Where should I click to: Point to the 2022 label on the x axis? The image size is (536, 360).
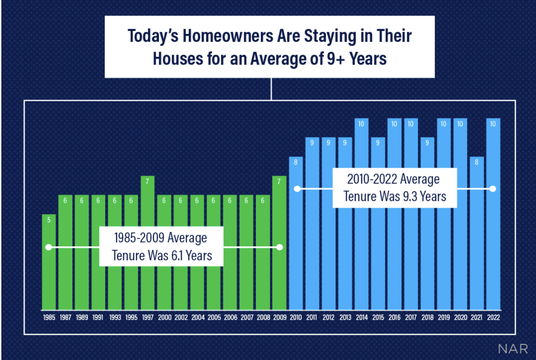click(x=493, y=317)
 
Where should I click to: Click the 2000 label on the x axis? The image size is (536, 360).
click(x=164, y=317)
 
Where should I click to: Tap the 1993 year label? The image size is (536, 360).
click(x=115, y=317)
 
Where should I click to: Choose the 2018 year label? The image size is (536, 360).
click(x=427, y=317)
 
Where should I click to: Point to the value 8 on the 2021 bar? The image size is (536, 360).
click(x=476, y=162)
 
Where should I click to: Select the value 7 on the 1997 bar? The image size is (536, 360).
click(x=148, y=181)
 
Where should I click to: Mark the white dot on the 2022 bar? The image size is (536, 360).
click(x=493, y=189)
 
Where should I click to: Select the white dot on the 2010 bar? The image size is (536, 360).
click(x=296, y=189)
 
